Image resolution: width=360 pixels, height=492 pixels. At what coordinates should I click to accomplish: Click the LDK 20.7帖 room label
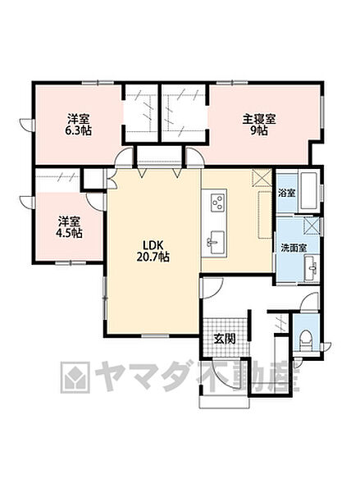(x=153, y=251)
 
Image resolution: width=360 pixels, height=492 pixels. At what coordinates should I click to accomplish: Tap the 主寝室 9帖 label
(x=259, y=125)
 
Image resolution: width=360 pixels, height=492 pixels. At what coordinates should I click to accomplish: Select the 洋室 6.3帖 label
(x=79, y=125)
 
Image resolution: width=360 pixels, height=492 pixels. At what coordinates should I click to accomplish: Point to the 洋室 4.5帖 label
(x=69, y=227)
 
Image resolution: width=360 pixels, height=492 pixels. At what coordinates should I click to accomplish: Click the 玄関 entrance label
(x=225, y=339)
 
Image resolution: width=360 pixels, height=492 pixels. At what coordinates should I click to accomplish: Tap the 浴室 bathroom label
(x=287, y=193)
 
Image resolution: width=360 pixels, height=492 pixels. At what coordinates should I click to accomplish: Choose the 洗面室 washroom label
(x=294, y=248)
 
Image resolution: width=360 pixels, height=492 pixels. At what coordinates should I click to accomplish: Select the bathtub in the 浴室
(x=309, y=191)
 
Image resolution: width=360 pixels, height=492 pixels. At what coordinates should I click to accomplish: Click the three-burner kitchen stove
(x=218, y=202)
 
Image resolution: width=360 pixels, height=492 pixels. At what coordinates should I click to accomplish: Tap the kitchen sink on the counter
(x=216, y=243)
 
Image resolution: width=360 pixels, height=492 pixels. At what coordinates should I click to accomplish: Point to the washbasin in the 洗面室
(x=312, y=267)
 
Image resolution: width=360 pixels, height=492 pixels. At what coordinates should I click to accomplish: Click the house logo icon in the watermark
(x=75, y=378)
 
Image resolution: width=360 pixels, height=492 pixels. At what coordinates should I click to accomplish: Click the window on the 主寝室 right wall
(x=321, y=112)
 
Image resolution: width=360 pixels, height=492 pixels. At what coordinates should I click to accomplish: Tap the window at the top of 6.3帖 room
(x=98, y=83)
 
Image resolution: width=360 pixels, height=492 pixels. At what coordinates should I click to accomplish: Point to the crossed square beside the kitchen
(x=262, y=178)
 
